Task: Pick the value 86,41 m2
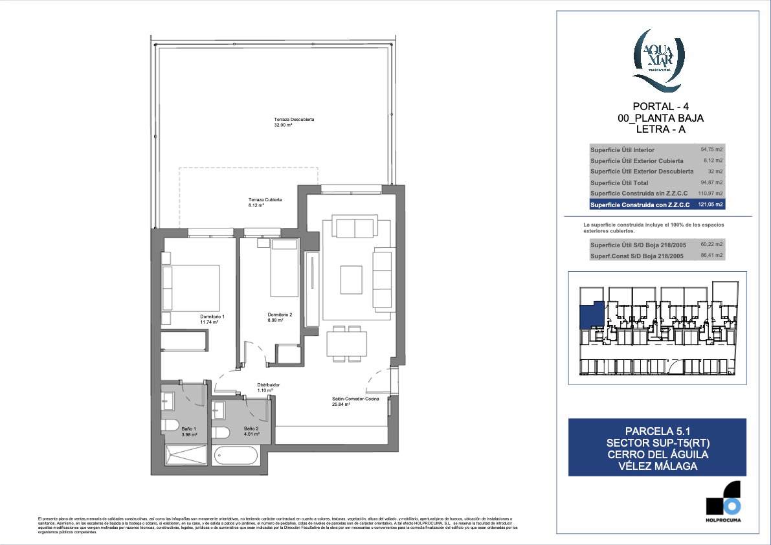[x=711, y=256]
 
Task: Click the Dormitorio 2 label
[x=280, y=315]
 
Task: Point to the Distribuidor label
[x=267, y=385]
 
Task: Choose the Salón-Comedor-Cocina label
[x=350, y=400]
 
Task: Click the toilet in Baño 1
[x=170, y=425]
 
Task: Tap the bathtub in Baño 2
[x=236, y=456]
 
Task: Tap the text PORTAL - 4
[x=660, y=107]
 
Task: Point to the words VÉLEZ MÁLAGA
[x=658, y=466]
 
